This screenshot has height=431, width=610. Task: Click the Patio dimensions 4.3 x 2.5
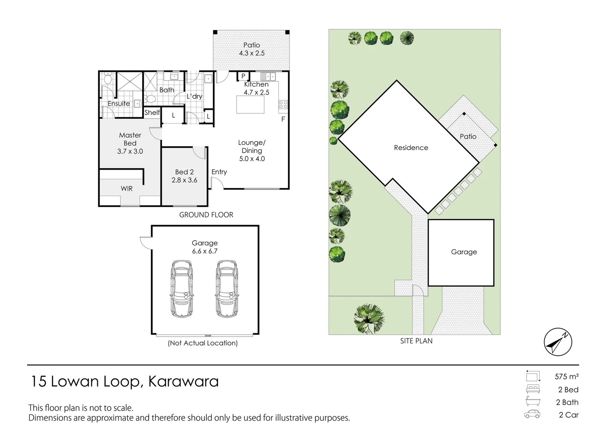click(x=252, y=53)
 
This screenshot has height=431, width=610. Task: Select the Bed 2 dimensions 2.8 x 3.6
click(x=184, y=180)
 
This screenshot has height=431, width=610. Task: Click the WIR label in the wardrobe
click(x=127, y=188)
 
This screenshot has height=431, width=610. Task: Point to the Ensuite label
click(x=119, y=103)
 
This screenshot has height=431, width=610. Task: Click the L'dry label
click(x=194, y=96)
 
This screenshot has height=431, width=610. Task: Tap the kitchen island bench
click(x=250, y=105)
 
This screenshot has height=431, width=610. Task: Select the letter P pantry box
click(x=243, y=76)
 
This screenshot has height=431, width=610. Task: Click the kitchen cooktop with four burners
click(x=283, y=105)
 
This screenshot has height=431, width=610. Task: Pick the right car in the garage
click(x=226, y=289)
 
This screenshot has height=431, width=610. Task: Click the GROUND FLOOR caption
click(x=206, y=215)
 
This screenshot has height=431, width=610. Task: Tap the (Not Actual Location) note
click(x=203, y=343)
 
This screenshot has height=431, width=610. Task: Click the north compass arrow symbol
click(x=558, y=342)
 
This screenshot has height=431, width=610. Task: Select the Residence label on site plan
click(x=411, y=148)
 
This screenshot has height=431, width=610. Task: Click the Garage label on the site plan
click(x=463, y=252)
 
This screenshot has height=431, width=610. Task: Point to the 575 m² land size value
click(x=566, y=376)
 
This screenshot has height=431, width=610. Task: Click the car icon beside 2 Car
click(x=532, y=414)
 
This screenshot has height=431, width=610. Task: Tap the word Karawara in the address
click(x=183, y=382)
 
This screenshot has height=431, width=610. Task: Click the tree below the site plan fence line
click(x=369, y=318)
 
